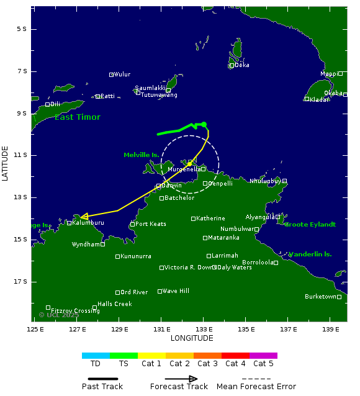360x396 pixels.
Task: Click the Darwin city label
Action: click(172, 185)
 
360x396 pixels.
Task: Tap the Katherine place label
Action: click(211, 218)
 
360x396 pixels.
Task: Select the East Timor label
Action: click(78, 117)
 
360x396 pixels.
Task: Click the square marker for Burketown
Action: click(339, 297)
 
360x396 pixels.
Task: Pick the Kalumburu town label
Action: click(88, 222)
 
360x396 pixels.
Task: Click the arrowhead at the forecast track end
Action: click(83, 217)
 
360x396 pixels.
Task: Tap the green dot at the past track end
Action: click(204, 124)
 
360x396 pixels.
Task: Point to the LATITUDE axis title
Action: click(6, 163)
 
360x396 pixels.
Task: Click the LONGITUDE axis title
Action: click(192, 338)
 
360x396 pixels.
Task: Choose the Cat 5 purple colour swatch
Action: click(263, 356)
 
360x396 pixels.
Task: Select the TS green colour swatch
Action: click(124, 356)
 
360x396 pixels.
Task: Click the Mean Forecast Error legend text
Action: click(256, 387)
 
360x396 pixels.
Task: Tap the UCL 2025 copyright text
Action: click(59, 315)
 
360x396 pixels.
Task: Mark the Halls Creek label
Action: click(115, 304)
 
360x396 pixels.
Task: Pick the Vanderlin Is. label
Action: click(310, 254)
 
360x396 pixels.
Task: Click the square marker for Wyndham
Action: click(102, 245)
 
